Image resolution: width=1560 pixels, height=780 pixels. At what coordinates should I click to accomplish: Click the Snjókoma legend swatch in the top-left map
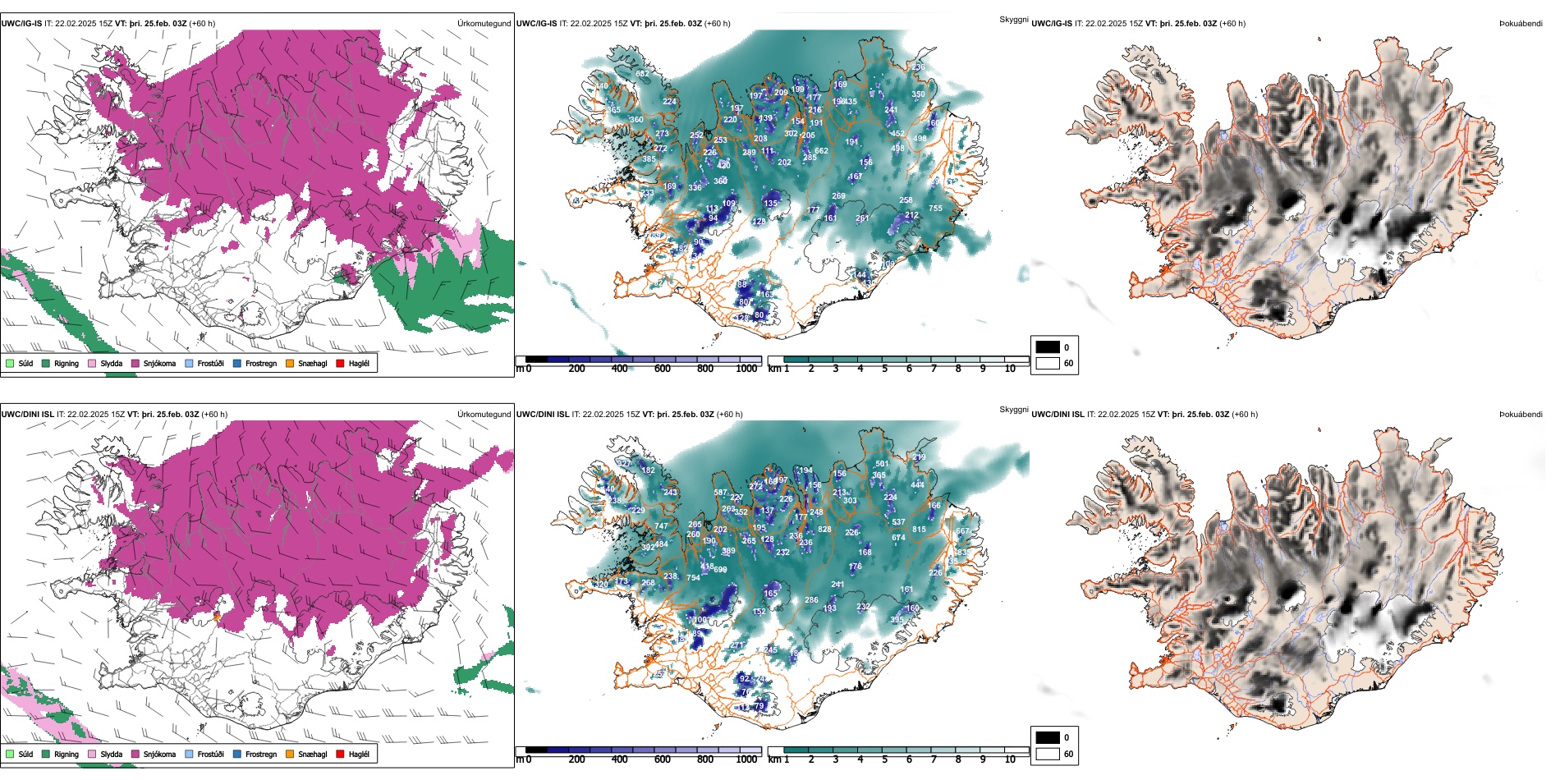(x=135, y=363)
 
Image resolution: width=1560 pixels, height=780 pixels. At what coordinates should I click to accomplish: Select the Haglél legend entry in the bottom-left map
(x=341, y=754)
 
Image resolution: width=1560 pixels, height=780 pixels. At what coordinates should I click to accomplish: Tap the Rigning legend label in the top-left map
(x=67, y=363)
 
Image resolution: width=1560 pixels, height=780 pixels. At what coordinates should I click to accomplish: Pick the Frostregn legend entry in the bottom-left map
(x=238, y=754)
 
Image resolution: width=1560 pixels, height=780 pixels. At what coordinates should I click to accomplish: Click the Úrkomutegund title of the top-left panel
(x=484, y=24)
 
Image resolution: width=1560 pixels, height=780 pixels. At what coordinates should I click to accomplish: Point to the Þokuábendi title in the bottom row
(x=1521, y=415)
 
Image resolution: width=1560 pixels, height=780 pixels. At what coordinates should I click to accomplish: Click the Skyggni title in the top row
(x=1013, y=20)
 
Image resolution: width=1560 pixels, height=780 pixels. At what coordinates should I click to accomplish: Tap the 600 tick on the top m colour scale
(x=663, y=369)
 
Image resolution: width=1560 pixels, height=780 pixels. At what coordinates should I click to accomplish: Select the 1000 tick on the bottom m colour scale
(x=746, y=759)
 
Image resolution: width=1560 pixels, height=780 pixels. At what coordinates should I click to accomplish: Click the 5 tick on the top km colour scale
(x=885, y=369)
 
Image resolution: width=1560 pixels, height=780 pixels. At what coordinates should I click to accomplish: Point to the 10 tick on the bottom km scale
(x=1010, y=759)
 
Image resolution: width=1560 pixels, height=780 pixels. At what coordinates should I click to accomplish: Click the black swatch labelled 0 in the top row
(x=1048, y=347)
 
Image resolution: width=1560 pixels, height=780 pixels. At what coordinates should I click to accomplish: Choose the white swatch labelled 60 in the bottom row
(x=1048, y=754)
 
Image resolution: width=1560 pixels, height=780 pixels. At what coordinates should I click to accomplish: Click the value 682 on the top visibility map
(x=642, y=74)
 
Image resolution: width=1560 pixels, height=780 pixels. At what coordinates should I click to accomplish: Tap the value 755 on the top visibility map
(x=935, y=209)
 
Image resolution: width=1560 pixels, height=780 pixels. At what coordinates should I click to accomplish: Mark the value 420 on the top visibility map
(x=723, y=166)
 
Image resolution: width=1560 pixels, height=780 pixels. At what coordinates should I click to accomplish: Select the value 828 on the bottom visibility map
(x=824, y=530)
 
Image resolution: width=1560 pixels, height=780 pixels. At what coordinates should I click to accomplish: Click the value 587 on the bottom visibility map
(x=720, y=493)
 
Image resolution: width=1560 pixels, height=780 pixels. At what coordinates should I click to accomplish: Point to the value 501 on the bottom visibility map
(x=882, y=464)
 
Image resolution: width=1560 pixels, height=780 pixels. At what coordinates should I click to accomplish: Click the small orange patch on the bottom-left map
(x=218, y=615)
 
